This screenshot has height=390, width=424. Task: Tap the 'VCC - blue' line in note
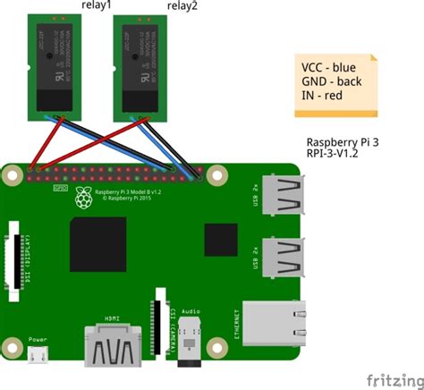(333, 68)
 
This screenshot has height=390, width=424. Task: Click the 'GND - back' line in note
(334, 84)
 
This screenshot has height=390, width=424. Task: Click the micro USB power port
(38, 356)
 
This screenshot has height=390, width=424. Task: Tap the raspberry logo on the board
(84, 197)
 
